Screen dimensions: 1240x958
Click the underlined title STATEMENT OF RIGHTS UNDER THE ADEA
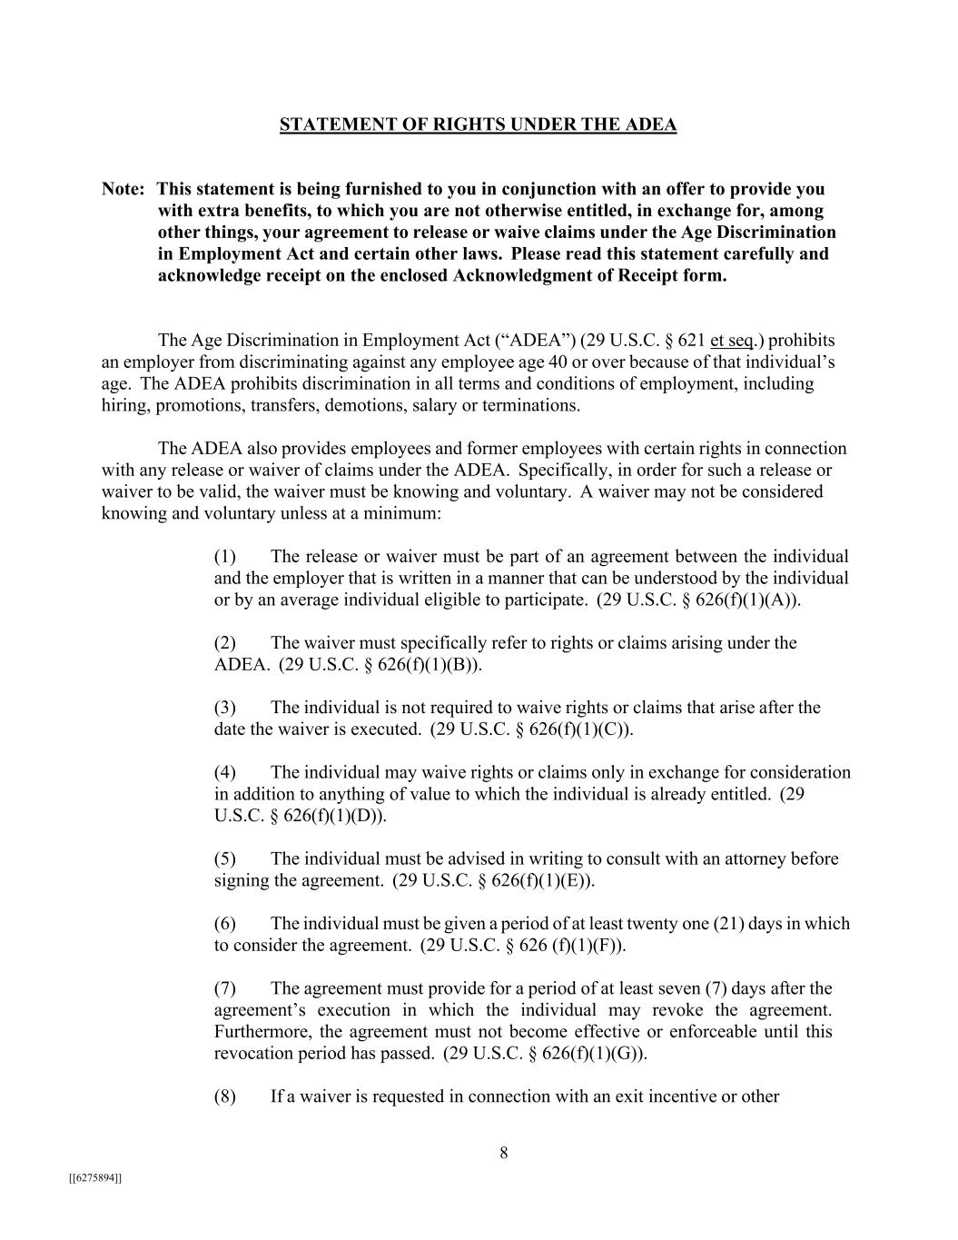coord(478,124)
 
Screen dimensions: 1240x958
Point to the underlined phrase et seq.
coord(734,341)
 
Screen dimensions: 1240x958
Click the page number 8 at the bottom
coord(504,1154)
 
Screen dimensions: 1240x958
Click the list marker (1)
coord(225,557)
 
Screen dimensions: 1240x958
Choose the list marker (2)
coord(225,643)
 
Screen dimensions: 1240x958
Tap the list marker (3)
coord(225,708)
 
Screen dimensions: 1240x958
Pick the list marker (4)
coord(225,773)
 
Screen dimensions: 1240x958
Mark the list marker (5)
coord(225,859)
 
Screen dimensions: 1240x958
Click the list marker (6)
coord(225,924)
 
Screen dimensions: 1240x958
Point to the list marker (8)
coord(225,1096)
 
